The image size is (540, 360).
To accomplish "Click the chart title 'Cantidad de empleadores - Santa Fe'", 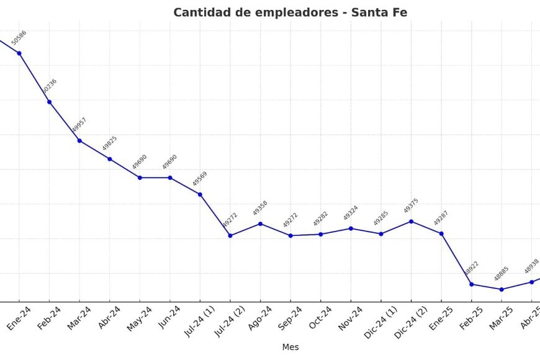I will click(x=290, y=12).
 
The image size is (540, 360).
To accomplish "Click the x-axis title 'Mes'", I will click(x=290, y=347).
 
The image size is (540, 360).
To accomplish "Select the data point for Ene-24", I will click(x=19, y=53).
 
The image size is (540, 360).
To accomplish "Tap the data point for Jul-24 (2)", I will click(x=230, y=235).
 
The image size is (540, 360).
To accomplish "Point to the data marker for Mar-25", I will click(x=502, y=289).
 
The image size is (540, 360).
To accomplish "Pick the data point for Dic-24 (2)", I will click(x=411, y=222).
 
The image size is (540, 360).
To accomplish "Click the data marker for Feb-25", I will click(x=472, y=284).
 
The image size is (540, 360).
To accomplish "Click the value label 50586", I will click(x=19, y=38).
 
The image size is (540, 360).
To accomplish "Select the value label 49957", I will click(x=79, y=125).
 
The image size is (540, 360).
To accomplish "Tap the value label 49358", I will click(x=260, y=208).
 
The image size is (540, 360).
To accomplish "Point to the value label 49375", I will click(x=411, y=206).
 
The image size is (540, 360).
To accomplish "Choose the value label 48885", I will click(x=502, y=274).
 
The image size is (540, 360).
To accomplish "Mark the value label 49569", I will click(x=200, y=179).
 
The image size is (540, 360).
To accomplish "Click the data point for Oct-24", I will click(x=321, y=234).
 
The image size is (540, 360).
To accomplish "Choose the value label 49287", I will click(x=441, y=218).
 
